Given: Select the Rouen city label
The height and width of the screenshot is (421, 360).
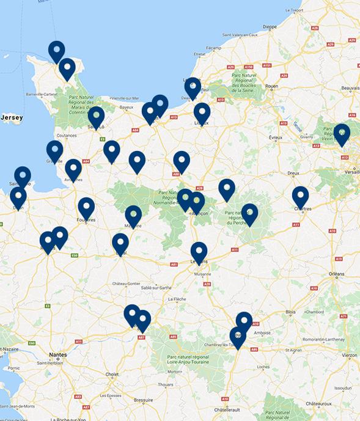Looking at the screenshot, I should [271, 86].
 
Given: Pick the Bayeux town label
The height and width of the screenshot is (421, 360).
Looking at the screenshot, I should [127, 107].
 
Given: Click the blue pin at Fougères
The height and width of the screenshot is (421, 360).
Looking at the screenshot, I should [86, 208].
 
